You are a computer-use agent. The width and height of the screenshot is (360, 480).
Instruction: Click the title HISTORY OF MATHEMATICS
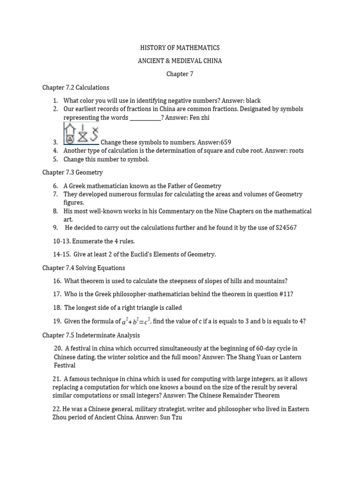coord(180,48)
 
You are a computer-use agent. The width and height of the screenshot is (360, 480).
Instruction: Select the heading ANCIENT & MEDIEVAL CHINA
coord(180,61)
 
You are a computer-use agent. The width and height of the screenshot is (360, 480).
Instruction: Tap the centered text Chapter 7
coord(180,74)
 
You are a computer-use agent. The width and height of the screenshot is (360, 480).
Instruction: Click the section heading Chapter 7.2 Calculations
coord(75,88)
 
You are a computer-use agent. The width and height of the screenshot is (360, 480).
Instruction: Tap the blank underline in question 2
coord(145,118)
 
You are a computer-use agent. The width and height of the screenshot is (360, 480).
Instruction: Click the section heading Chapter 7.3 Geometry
coord(72,172)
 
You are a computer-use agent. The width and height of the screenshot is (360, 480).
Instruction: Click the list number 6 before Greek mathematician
coord(55,186)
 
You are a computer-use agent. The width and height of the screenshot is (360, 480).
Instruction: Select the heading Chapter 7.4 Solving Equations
coord(83,268)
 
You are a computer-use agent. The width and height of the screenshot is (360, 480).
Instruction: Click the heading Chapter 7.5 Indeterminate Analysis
coord(90,335)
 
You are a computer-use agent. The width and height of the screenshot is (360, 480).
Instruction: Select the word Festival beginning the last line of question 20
coord(64,365)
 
